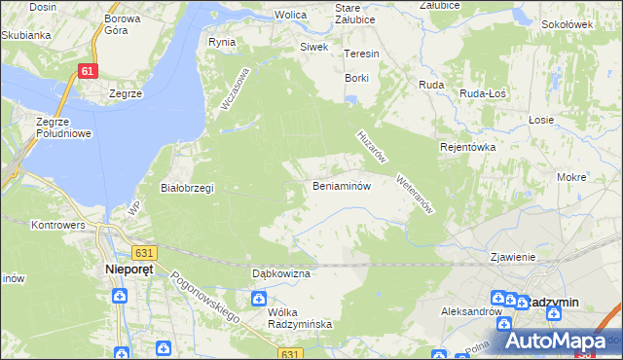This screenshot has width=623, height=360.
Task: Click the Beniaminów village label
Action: (341, 186)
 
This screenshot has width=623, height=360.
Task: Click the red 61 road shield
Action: (89, 71)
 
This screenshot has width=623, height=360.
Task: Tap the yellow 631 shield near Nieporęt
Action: (144, 253)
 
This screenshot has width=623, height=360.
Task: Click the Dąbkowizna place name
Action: (280, 274)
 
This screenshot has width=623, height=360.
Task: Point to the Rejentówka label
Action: (468, 147)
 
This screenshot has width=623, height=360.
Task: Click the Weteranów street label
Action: (414, 194)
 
